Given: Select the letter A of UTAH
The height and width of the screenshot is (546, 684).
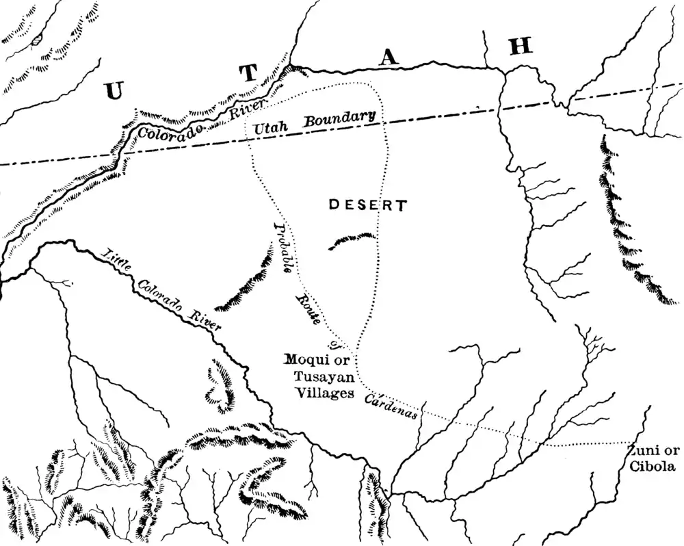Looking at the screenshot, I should click(389, 60).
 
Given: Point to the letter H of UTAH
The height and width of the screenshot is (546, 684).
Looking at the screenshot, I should click(520, 47).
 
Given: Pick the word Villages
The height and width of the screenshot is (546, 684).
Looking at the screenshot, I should click(324, 393).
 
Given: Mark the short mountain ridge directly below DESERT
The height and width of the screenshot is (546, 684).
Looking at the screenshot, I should click(352, 239).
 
